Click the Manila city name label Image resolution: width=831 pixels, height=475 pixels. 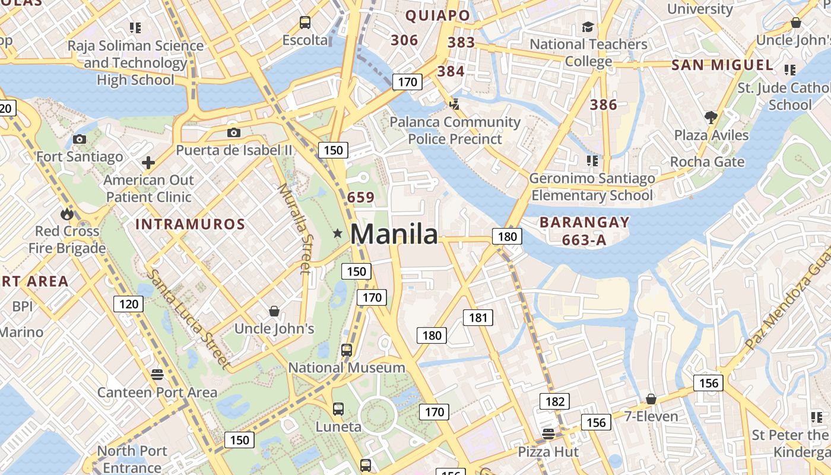click(394, 234)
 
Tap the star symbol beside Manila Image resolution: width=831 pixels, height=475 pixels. click(338, 233)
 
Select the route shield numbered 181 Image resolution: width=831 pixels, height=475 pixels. click(478, 318)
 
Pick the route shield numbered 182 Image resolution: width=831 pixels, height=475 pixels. click(554, 401)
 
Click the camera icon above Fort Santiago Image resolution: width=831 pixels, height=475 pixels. click(79, 140)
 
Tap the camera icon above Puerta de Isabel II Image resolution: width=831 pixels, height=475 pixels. click(234, 132)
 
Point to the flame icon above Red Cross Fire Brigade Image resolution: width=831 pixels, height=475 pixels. click(66, 213)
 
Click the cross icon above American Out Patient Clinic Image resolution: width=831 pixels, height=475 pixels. click(148, 162)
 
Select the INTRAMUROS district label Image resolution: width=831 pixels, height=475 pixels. click(190, 224)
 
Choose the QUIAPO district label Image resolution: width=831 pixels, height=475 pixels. click(437, 16)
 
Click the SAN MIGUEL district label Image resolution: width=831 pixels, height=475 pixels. click(722, 65)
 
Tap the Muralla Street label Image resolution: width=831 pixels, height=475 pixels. click(294, 229)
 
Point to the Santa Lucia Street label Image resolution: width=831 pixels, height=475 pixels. click(187, 319)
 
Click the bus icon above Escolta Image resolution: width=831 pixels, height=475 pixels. click(305, 23)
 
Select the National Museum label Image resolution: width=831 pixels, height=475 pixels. click(347, 368)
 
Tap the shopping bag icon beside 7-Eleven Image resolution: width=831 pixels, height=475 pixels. click(651, 399)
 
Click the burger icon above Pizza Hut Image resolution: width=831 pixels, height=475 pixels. click(548, 434)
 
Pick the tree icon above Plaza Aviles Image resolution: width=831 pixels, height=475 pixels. click(711, 117)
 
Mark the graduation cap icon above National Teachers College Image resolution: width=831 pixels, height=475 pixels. click(588, 27)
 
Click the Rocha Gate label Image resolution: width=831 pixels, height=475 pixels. click(707, 162)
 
